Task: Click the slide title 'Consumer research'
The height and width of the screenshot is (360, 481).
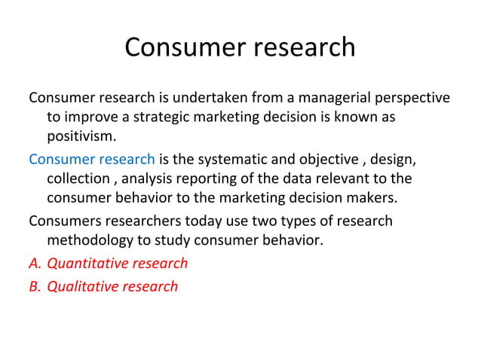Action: click(x=240, y=47)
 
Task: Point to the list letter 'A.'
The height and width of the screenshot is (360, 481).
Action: click(x=35, y=264)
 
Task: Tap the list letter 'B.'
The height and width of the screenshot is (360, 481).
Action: click(x=35, y=286)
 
